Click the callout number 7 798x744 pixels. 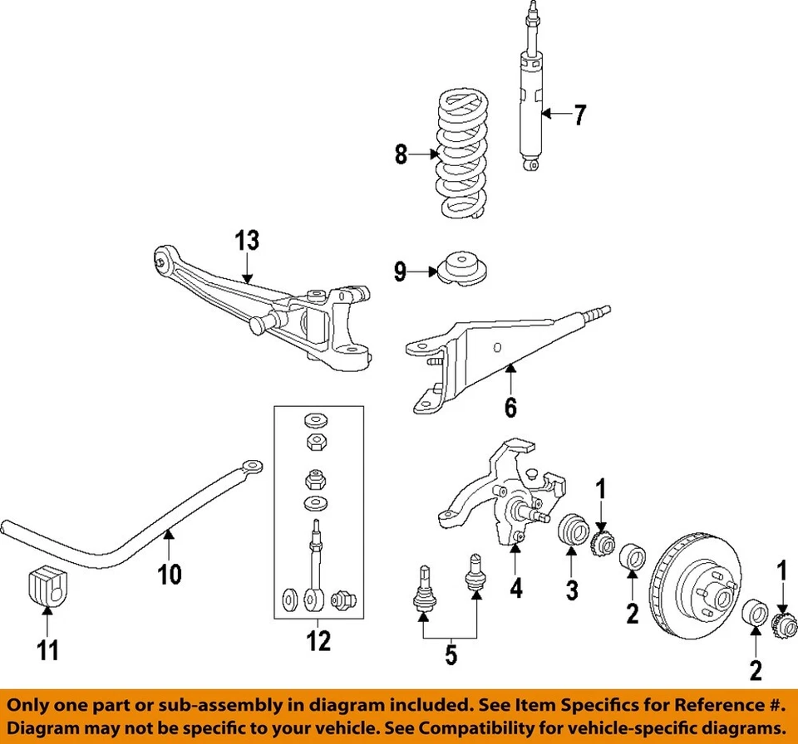coord(579,115)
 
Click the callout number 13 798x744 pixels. coord(246,241)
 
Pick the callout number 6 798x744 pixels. coord(510,407)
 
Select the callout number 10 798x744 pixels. coord(170,575)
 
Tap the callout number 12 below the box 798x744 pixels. coord(318,640)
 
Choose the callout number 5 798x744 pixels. coord(450,655)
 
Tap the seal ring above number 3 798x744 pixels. coord(572,532)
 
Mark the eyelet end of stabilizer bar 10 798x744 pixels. coord(252,466)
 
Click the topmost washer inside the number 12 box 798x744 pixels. coord(315,418)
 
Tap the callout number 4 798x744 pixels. coord(515,589)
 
